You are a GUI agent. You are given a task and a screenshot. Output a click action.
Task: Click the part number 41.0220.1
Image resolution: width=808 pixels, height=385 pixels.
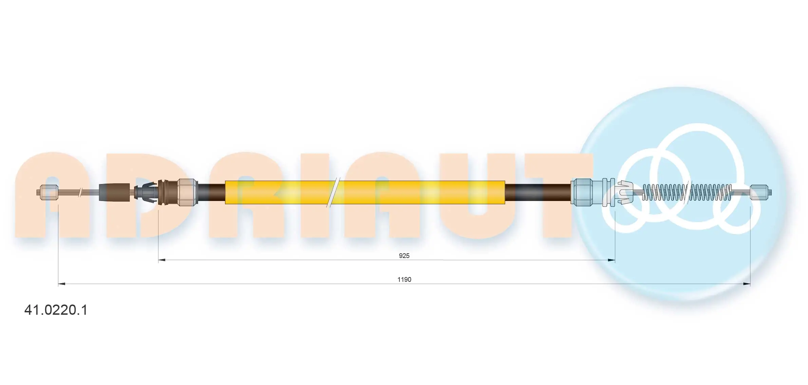point(56,310)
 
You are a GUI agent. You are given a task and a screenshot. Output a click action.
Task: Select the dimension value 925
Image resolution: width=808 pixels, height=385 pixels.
point(404,256)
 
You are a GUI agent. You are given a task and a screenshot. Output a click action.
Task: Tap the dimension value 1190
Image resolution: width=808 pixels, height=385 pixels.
point(404,280)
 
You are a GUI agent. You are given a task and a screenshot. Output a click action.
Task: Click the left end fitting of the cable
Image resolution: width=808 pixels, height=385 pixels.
point(49,192)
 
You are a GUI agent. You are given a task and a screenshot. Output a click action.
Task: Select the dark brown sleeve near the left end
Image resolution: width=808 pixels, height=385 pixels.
point(114,192)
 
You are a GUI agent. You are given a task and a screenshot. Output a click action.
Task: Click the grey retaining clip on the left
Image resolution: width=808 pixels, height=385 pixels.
point(146,192)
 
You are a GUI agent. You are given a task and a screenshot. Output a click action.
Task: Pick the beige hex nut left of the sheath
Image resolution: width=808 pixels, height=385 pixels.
point(187,192)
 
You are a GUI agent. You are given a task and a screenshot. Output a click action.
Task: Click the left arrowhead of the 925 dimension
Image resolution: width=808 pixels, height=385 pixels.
point(162,260)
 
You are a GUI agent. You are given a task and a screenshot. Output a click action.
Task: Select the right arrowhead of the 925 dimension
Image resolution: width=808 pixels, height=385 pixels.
point(612,260)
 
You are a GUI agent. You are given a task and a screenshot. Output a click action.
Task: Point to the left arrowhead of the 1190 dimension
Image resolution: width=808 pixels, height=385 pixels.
point(61,284)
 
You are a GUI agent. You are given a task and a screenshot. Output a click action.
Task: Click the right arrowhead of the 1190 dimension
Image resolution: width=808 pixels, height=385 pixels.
point(747,284)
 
